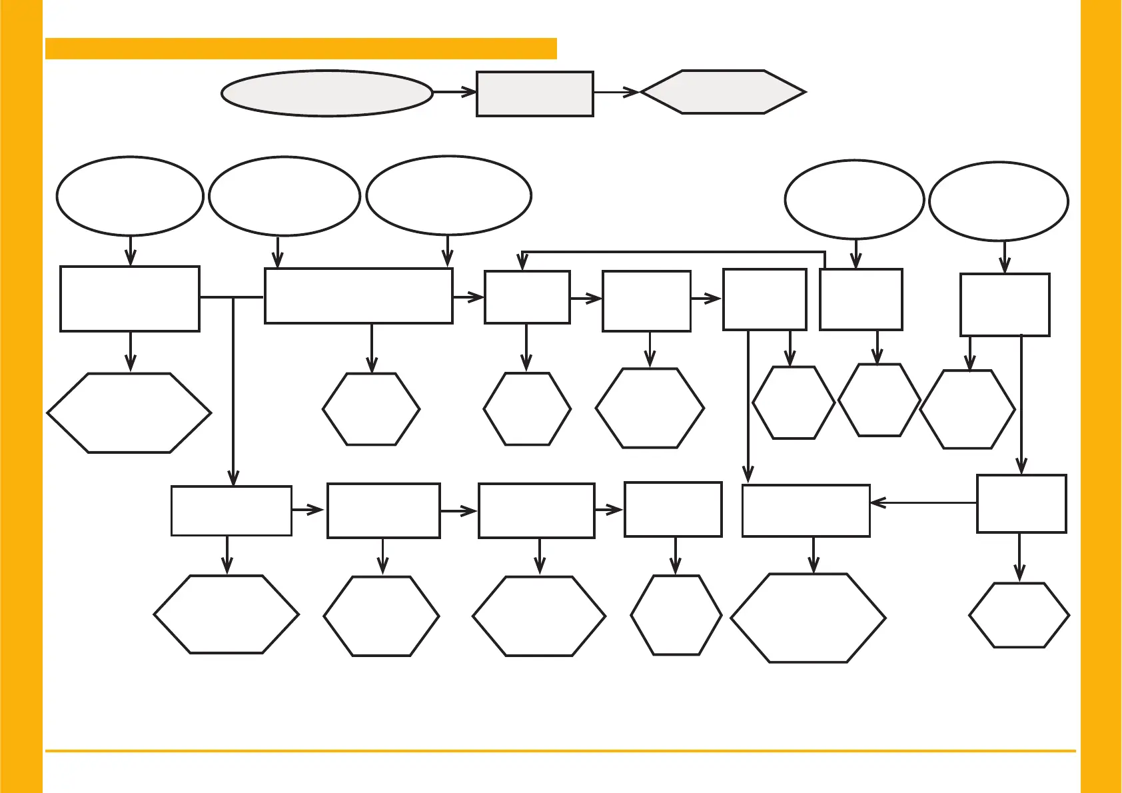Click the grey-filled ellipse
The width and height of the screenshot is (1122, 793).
click(326, 93)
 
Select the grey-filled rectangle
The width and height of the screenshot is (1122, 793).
click(535, 94)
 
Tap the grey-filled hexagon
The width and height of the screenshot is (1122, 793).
click(723, 92)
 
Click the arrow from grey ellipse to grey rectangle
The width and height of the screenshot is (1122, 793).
click(454, 93)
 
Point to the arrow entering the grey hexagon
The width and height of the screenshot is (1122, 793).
click(616, 93)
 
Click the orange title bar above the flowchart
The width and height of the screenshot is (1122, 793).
click(300, 49)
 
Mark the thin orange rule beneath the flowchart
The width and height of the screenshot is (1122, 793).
click(560, 751)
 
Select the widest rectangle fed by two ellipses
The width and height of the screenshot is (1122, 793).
click(358, 296)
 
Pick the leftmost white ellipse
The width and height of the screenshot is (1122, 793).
click(130, 196)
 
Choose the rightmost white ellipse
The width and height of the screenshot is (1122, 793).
click(998, 201)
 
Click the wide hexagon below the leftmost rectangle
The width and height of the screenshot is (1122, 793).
click(129, 413)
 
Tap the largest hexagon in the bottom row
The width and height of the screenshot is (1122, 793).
click(808, 618)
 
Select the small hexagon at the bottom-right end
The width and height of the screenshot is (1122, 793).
click(1019, 615)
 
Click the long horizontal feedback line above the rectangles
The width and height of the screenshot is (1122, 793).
click(673, 252)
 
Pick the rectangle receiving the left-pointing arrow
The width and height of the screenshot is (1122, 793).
click(806, 510)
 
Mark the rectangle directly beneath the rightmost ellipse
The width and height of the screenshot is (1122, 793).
click(1005, 305)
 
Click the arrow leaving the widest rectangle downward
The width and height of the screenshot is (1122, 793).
click(371, 348)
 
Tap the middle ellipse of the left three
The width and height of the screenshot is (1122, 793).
click(284, 196)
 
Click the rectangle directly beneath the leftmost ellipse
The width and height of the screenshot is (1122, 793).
click(130, 299)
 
